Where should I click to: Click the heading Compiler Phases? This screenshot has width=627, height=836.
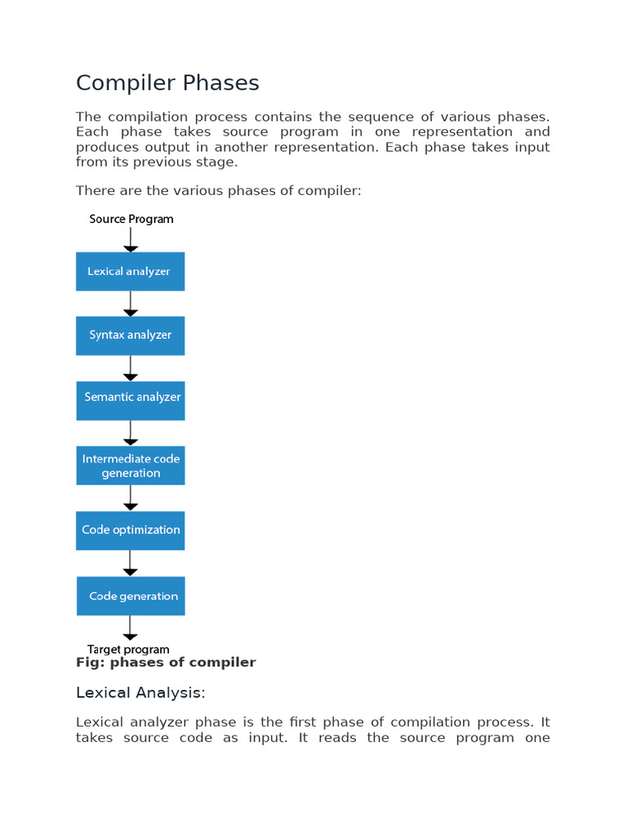[x=167, y=83]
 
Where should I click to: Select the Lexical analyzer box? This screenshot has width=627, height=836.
[x=131, y=271]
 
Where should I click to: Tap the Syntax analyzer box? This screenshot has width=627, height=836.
[x=131, y=336]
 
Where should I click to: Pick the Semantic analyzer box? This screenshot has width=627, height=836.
[x=131, y=400]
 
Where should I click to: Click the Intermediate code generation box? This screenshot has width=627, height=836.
[x=131, y=465]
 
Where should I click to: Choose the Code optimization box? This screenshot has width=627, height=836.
[x=131, y=530]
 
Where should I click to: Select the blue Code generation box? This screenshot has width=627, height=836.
[x=131, y=596]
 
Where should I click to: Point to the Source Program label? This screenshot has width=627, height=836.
[x=131, y=219]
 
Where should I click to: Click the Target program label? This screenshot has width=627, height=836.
[x=128, y=650]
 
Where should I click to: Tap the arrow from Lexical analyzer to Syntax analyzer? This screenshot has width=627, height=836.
[x=131, y=304]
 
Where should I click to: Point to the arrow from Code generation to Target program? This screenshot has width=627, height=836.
[x=131, y=628]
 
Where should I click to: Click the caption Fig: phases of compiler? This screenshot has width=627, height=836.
[x=166, y=663]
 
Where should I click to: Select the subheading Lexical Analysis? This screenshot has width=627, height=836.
[x=140, y=693]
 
